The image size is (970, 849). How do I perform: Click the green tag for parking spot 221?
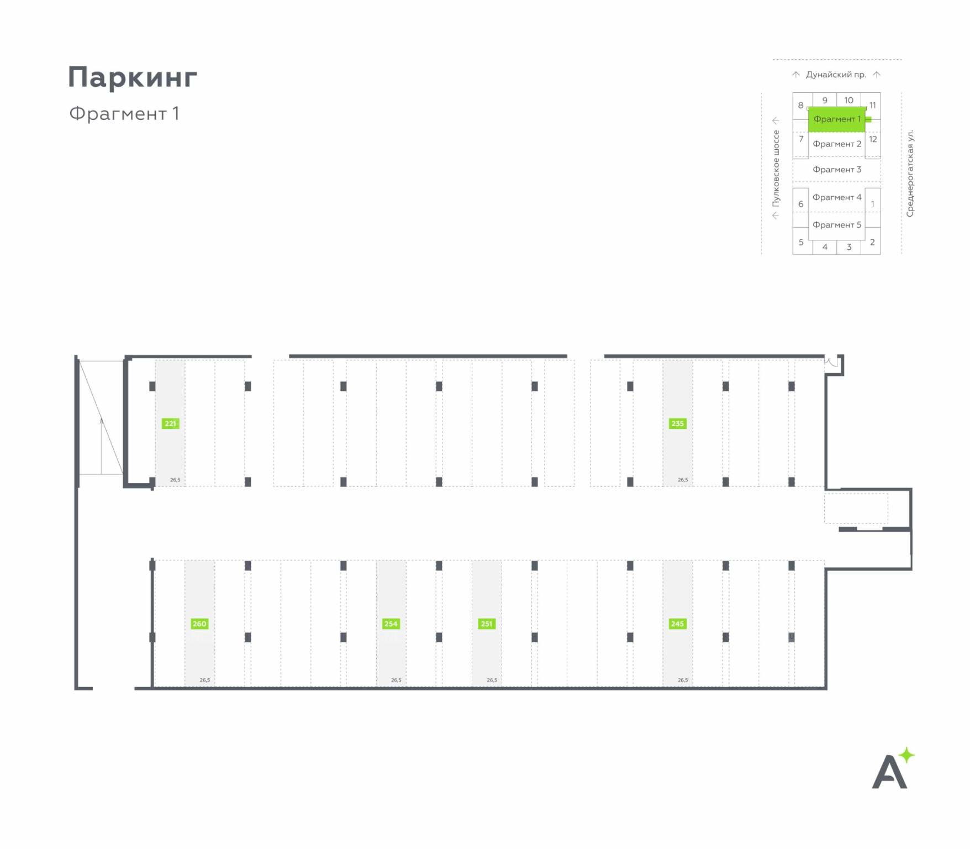click(170, 423)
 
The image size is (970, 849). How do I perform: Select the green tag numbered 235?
click(677, 423)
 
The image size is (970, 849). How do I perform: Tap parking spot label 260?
click(199, 623)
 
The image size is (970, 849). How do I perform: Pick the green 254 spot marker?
click(391, 623)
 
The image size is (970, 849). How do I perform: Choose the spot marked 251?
click(486, 623)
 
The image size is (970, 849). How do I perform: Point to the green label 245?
click(677, 623)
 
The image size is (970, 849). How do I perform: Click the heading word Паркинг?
click(133, 77)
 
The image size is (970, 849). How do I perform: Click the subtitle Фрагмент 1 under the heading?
click(124, 113)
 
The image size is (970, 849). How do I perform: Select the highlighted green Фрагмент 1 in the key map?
click(836, 119)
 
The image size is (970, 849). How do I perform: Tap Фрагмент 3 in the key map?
click(836, 169)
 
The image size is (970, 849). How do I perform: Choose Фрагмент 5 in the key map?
click(836, 224)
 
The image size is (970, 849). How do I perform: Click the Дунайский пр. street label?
click(836, 75)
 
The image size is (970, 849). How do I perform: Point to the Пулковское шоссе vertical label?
click(776, 169)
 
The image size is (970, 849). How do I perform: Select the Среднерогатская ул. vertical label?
click(910, 173)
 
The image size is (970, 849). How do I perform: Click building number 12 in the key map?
click(873, 139)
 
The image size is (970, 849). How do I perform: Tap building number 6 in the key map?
click(800, 204)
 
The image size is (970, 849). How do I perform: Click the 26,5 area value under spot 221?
click(175, 480)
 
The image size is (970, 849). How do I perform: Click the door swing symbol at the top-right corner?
click(832, 363)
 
